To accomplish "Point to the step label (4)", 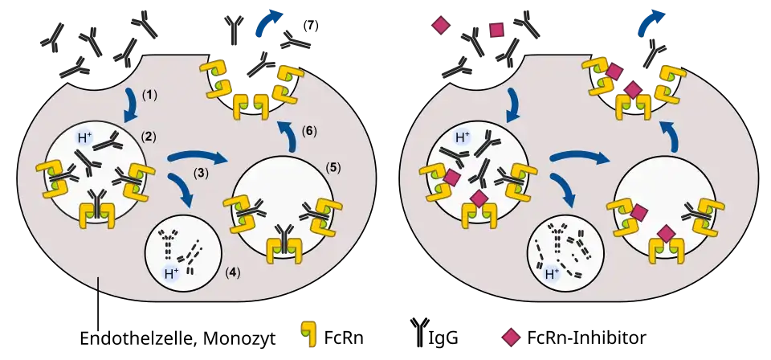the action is [x=232, y=272].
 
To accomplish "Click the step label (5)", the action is [x=333, y=168].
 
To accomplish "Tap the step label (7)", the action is [x=310, y=26].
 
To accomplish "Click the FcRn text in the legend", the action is [x=344, y=338].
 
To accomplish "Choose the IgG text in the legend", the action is [x=444, y=339].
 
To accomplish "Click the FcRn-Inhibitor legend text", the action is [x=586, y=338].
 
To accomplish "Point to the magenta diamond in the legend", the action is [x=511, y=337].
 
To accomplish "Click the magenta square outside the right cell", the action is [x=497, y=31].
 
